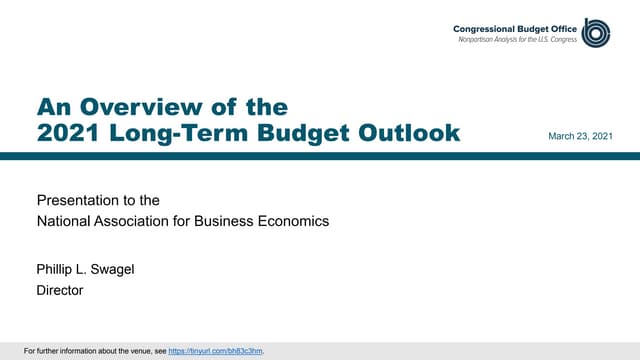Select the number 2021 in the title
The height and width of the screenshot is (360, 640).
click(x=70, y=132)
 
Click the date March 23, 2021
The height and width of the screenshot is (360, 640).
click(x=580, y=135)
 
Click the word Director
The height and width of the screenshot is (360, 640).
click(x=60, y=290)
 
